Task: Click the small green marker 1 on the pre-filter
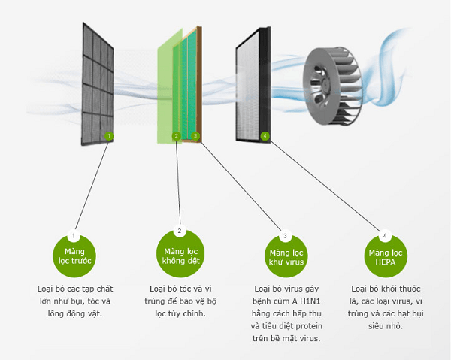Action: tap(109, 136)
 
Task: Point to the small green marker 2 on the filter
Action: tap(177, 136)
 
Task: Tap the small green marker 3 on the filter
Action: tap(195, 136)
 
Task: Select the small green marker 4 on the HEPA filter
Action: tap(265, 136)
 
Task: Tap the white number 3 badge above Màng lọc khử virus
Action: tap(285, 235)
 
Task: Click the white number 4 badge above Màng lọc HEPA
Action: tap(385, 235)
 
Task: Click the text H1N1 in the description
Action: tap(316, 301)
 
